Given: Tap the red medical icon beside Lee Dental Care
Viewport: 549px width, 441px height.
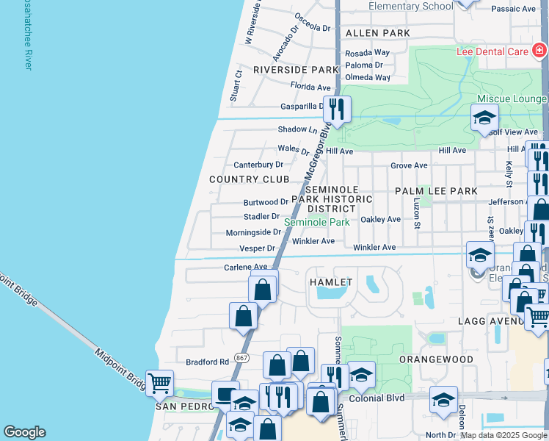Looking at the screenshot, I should pyautogui.click(x=539, y=51).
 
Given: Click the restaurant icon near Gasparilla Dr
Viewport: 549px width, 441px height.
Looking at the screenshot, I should pyautogui.click(x=337, y=110).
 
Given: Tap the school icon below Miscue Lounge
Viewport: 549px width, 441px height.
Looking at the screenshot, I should pyautogui.click(x=484, y=118).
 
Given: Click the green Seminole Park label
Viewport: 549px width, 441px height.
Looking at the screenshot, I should pyautogui.click(x=316, y=222).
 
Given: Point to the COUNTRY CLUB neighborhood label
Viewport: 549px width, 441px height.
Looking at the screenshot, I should pyautogui.click(x=249, y=179).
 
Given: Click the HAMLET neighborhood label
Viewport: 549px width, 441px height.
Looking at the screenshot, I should pyautogui.click(x=331, y=282).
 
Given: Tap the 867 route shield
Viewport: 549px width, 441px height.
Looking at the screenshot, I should pyautogui.click(x=241, y=358).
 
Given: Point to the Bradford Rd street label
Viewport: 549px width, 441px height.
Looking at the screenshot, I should pyautogui.click(x=208, y=362).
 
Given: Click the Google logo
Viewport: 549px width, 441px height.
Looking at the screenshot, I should pyautogui.click(x=24, y=432).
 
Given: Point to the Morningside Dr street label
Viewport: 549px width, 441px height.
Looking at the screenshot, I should pyautogui.click(x=253, y=232).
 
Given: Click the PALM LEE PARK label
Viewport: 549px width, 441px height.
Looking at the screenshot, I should pyautogui.click(x=436, y=191).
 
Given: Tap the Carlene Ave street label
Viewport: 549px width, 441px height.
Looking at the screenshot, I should pyautogui.click(x=246, y=268).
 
